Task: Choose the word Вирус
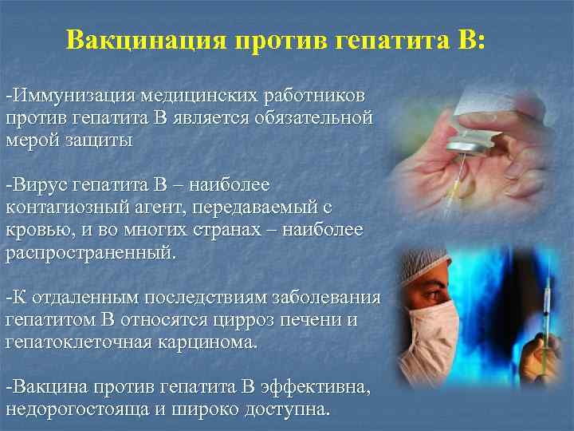(x=39, y=185)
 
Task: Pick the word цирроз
(x=238, y=320)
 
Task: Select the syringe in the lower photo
(x=545, y=311)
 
